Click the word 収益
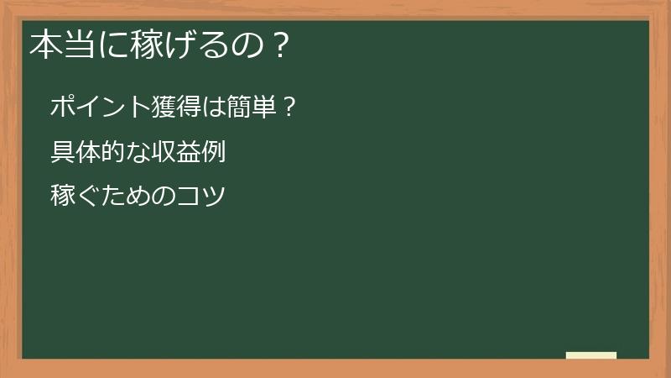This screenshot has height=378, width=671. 178,153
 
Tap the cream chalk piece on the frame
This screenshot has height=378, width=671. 591,355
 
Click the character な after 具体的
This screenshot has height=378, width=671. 138,153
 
